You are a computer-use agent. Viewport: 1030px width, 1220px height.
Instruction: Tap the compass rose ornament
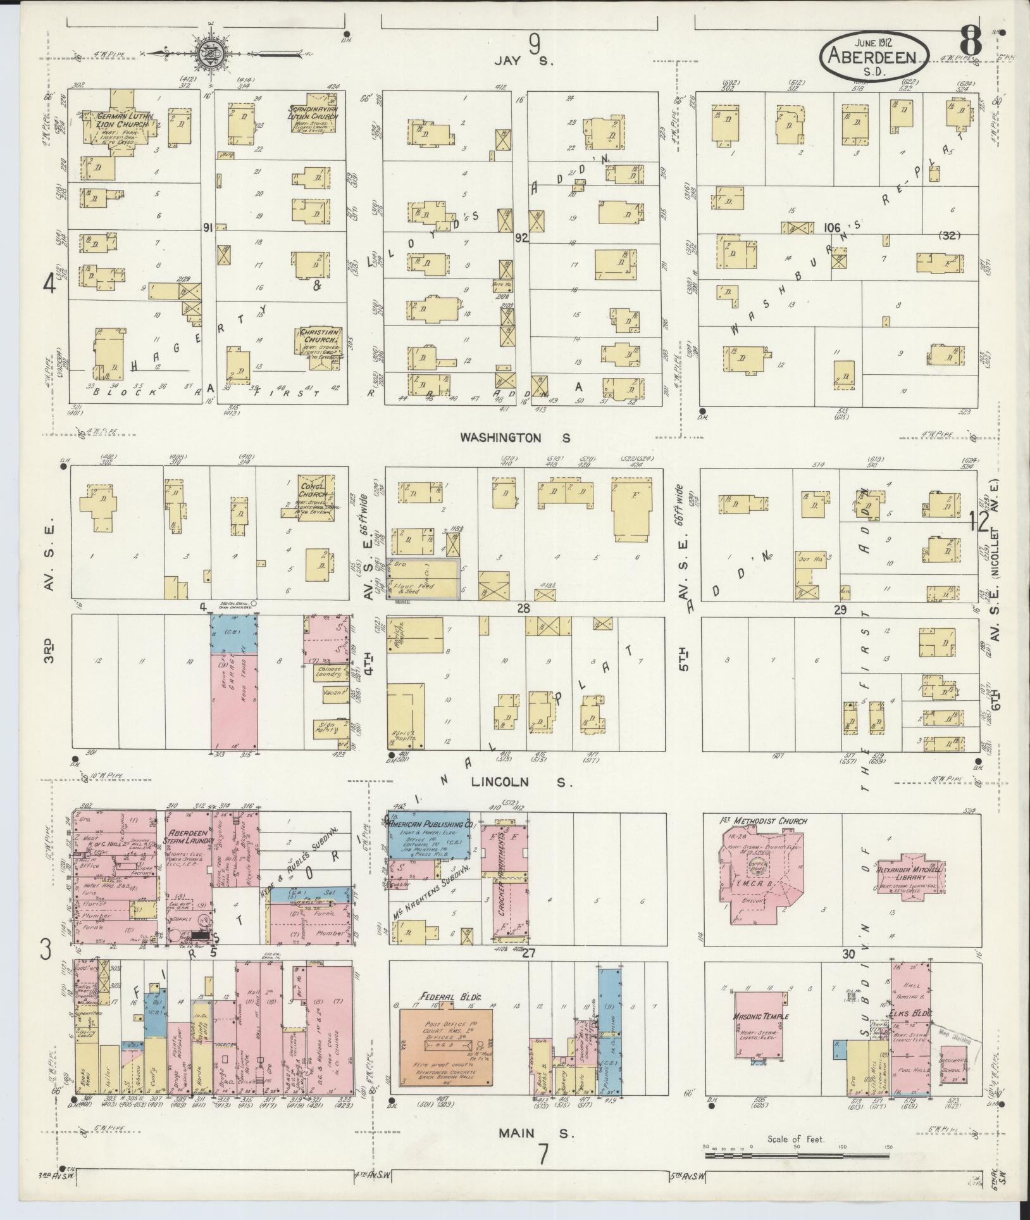[209, 53]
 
